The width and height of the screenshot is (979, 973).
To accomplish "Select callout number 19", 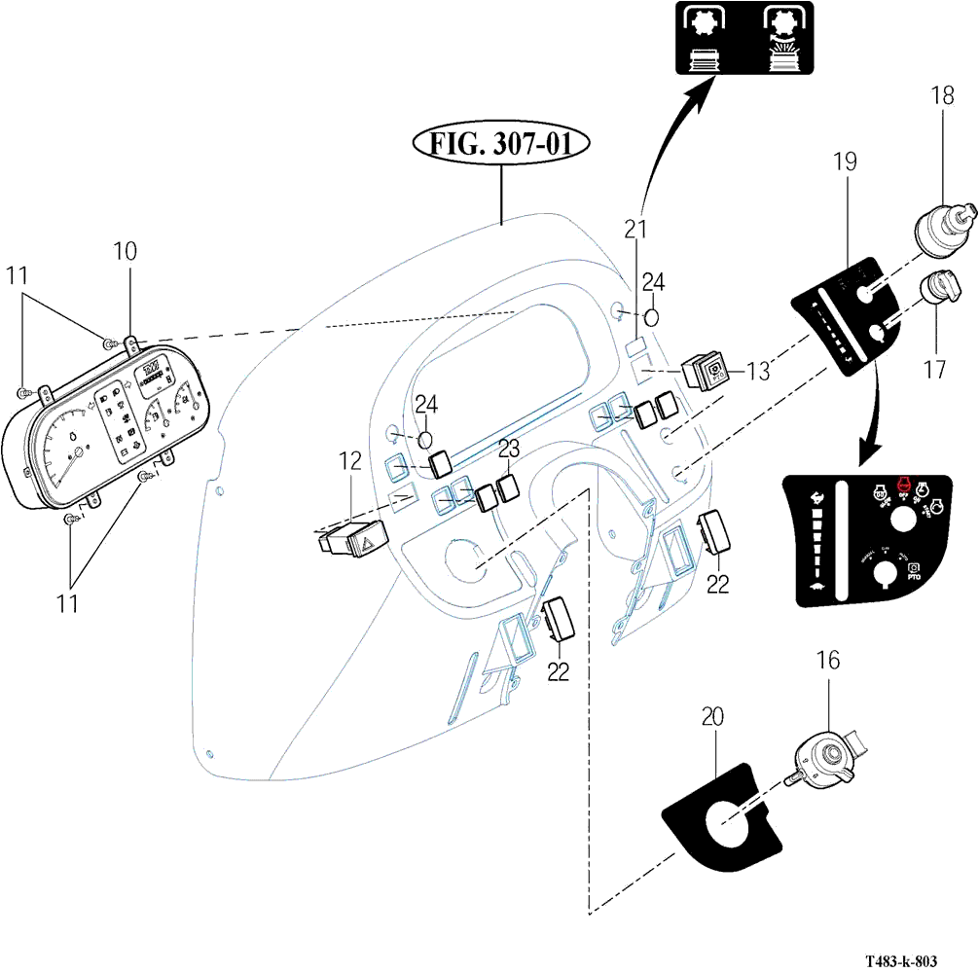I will (844, 162).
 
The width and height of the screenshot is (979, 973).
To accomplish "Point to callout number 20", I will (713, 717).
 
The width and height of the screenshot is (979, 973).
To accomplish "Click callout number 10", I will (125, 251).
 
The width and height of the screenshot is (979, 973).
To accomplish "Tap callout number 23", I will (509, 449).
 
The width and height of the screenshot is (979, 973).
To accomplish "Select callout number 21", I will (635, 230).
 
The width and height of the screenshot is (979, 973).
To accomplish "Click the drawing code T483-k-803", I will (901, 961).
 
